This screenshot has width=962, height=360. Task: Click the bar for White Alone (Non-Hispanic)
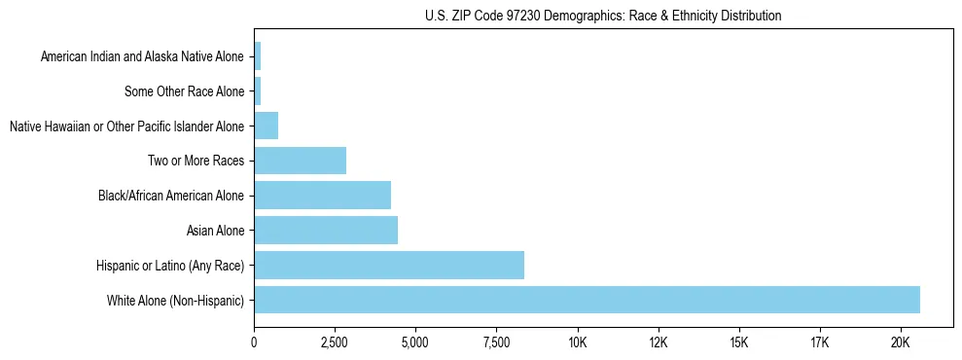(587, 300)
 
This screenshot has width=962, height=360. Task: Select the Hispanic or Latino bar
(389, 265)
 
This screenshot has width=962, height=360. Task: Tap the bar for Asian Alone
(326, 231)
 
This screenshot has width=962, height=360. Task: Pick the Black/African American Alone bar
(322, 196)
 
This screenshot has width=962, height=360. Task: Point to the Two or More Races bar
(300, 161)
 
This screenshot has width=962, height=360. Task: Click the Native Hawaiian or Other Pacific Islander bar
(266, 126)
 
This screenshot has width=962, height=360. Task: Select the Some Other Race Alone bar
(257, 91)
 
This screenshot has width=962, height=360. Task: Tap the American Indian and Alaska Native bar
(257, 57)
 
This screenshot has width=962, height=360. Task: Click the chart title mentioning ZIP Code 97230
(603, 17)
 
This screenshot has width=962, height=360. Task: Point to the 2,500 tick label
(335, 342)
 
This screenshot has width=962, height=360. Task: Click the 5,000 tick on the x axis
(415, 342)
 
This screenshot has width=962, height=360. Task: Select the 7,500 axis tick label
(496, 342)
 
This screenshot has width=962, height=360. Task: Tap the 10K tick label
(577, 342)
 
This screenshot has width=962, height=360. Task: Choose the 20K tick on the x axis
(900, 342)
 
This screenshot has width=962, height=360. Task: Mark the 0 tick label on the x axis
(254, 342)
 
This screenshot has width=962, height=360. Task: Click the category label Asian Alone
(216, 231)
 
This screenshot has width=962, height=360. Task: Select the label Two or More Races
(196, 161)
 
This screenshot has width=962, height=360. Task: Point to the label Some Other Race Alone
(185, 91)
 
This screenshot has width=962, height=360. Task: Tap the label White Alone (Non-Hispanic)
(176, 300)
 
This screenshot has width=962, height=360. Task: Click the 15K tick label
(738, 342)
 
